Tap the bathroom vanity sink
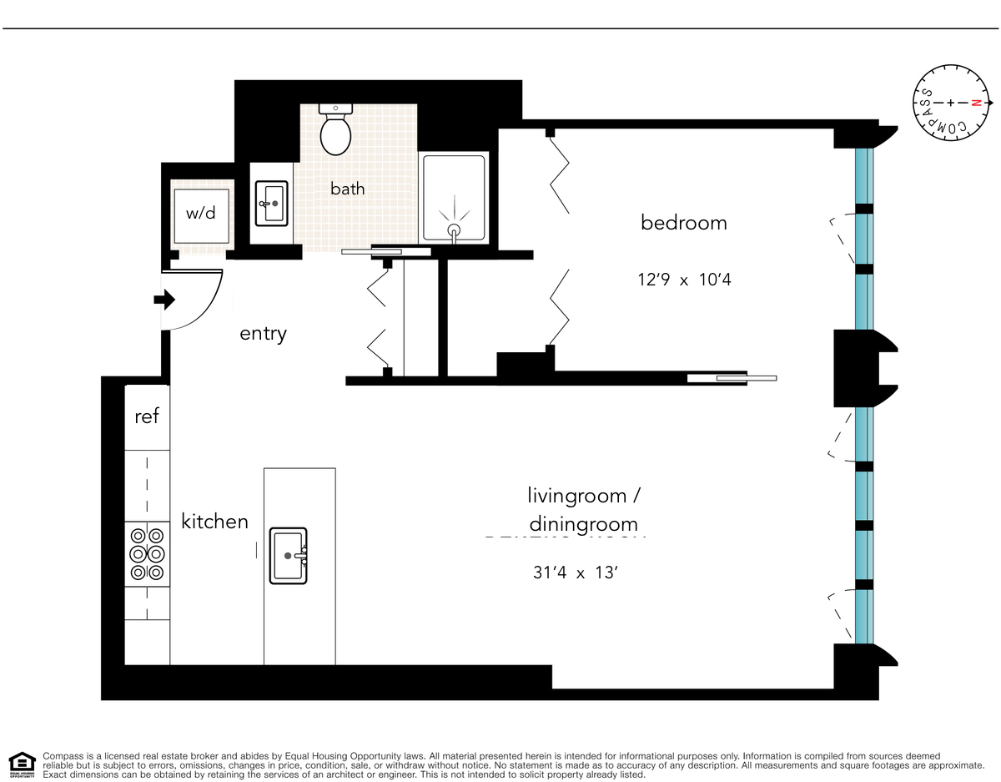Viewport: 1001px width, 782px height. click(x=270, y=203)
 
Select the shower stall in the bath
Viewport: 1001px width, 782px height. click(x=454, y=199)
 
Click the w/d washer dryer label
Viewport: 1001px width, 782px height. click(x=200, y=213)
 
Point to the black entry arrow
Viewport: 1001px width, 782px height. click(x=164, y=299)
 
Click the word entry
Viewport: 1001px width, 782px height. click(x=263, y=334)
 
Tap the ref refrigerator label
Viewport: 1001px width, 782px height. click(x=147, y=416)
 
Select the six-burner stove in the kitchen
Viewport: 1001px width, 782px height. click(x=147, y=553)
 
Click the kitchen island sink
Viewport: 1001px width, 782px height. click(x=289, y=555)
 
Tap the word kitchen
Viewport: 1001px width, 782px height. click(x=214, y=522)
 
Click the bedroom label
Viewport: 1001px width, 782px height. click(x=683, y=223)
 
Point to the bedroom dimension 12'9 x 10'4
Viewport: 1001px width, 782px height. click(x=684, y=280)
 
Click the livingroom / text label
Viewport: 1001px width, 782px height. click(x=583, y=496)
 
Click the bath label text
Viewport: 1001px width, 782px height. click(x=347, y=189)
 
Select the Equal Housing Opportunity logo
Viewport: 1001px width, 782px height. click(x=22, y=763)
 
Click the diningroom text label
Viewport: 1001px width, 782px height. click(x=583, y=524)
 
